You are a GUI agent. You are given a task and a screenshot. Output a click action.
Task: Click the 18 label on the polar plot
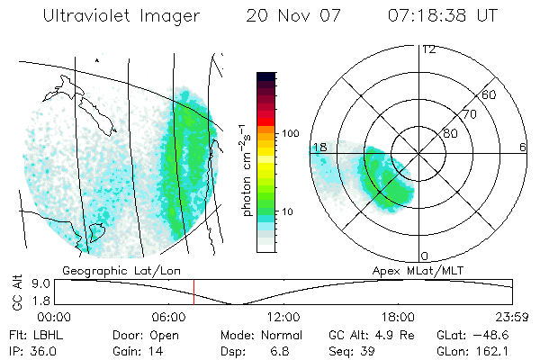point(319,147)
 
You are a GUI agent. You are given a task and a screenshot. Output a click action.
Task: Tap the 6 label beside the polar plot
point(523,147)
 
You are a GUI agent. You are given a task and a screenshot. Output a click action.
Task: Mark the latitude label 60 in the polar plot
point(490,94)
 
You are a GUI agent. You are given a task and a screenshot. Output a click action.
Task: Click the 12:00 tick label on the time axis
point(284,317)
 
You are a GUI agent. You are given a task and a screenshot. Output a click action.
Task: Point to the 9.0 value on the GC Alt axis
point(36,283)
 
